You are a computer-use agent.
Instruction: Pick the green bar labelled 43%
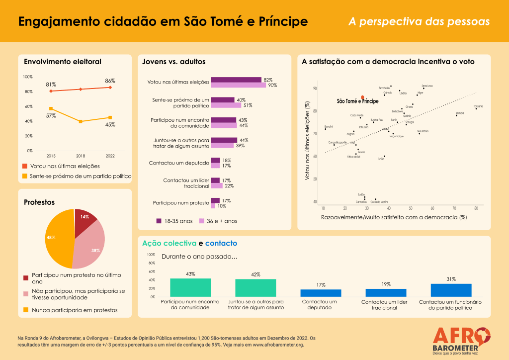click(190, 287)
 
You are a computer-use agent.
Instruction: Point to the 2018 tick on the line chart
click(81, 156)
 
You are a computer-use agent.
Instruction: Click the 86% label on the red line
click(110, 81)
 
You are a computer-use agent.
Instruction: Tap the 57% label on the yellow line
click(51, 116)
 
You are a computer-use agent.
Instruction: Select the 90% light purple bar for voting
click(239, 86)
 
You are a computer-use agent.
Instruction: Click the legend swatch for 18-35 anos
click(159, 221)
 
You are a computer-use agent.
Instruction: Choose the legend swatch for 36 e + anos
click(202, 221)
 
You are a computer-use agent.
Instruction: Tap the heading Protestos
click(39, 202)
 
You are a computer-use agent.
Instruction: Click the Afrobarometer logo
click(461, 339)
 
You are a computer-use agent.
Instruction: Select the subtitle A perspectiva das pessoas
click(419, 22)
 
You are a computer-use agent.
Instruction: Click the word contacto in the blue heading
click(221, 244)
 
